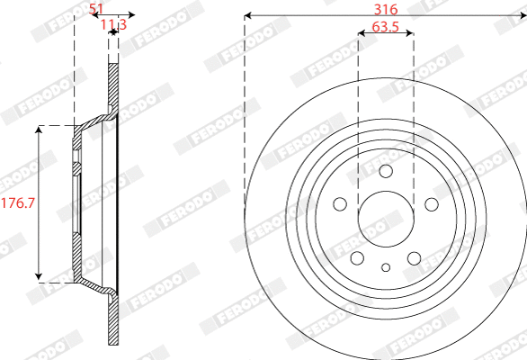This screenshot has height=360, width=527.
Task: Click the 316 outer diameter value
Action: click(x=385, y=8)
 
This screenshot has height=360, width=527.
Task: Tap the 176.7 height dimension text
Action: click(x=17, y=202)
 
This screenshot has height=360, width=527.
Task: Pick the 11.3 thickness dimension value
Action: click(x=112, y=24)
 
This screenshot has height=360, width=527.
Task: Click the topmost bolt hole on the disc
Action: click(x=386, y=172)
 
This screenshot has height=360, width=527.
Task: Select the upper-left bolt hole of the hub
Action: click(x=342, y=203)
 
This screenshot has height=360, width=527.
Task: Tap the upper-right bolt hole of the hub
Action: click(x=430, y=203)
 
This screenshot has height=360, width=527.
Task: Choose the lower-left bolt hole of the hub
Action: click(x=358, y=258)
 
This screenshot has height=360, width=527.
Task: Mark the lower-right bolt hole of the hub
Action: click(x=414, y=258)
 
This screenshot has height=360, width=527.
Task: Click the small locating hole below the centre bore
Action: click(x=386, y=266)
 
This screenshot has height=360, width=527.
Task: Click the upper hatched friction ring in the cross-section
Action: click(x=112, y=85)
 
